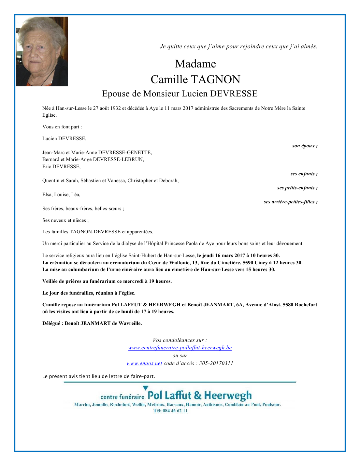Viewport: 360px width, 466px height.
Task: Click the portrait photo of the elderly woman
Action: coord(42,51)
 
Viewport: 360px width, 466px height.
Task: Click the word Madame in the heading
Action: coord(195,64)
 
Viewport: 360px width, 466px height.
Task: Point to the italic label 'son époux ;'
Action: coord(305,146)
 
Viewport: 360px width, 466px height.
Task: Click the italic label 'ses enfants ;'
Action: coord(304,174)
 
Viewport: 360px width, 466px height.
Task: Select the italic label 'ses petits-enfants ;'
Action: coord(297,188)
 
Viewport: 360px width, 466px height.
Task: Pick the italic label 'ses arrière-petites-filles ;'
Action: coord(290,202)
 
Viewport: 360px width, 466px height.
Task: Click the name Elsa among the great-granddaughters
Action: coord(47,195)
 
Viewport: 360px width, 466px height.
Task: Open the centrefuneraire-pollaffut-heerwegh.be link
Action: coord(180,348)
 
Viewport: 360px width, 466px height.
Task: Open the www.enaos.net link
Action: coord(144,363)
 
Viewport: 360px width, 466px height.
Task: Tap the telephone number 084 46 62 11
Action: coord(175,411)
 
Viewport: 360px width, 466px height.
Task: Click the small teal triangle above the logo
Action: coord(145,388)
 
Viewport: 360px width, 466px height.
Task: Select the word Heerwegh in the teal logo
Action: coord(228,396)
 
